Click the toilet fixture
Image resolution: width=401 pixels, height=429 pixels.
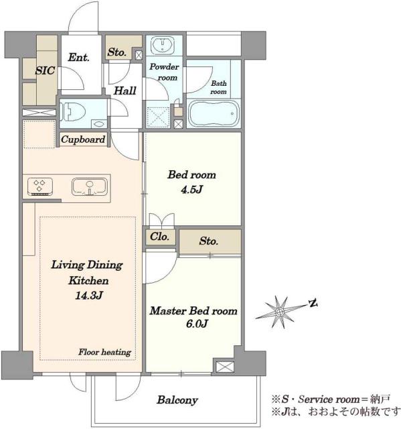(x=72, y=112)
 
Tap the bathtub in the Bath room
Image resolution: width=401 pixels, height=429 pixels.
(x=214, y=113)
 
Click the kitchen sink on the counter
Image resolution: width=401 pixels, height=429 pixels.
(x=90, y=186)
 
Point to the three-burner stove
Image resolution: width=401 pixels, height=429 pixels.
(x=40, y=186)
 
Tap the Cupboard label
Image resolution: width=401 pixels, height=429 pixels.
(x=83, y=139)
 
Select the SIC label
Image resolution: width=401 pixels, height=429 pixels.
(x=45, y=70)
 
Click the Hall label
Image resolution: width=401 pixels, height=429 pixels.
(x=125, y=90)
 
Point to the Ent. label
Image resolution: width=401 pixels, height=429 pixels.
(x=79, y=58)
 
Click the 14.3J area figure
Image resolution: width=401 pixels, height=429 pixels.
(x=89, y=296)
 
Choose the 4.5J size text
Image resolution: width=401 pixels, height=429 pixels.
(x=191, y=189)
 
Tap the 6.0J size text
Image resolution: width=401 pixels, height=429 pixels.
(x=197, y=324)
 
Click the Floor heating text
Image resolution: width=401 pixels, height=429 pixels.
(x=105, y=352)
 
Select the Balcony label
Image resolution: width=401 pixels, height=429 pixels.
(x=177, y=400)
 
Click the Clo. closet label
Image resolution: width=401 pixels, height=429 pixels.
(x=159, y=237)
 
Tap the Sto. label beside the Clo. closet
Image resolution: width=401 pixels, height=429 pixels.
(x=209, y=241)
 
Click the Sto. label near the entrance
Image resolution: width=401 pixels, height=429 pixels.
(x=117, y=52)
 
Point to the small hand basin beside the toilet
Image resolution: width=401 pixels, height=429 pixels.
(x=99, y=123)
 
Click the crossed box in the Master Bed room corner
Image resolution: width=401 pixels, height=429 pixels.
(x=225, y=367)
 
